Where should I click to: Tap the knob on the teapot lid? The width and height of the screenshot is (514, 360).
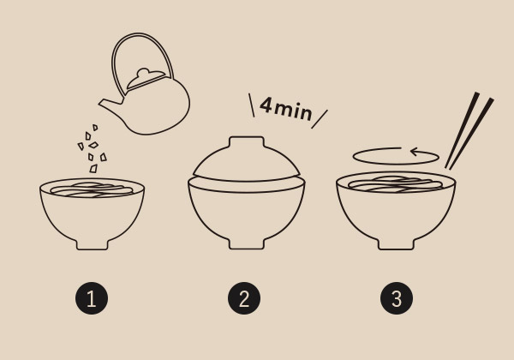click(143, 72)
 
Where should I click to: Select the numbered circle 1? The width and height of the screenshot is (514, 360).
click(92, 298)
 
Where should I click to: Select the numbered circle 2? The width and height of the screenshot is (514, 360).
click(244, 298)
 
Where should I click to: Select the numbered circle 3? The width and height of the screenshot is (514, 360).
click(397, 298)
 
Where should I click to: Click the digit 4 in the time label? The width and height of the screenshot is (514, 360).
click(266, 105)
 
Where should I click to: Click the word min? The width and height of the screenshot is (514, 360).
click(293, 111)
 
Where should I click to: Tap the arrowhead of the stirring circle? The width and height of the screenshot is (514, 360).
click(414, 152)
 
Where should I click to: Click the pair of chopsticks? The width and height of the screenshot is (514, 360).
click(469, 130)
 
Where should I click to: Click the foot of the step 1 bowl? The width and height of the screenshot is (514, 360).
click(93, 244)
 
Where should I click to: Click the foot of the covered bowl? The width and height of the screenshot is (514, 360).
click(247, 244)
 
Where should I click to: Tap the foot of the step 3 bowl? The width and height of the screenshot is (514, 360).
click(397, 244)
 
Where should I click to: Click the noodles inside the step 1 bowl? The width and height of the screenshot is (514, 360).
click(92, 190)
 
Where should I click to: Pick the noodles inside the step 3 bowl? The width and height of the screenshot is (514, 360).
click(396, 184)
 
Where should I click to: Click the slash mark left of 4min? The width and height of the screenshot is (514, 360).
click(251, 105)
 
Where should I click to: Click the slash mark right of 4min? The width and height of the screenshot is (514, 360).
click(320, 119)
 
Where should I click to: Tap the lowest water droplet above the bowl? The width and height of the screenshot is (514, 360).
click(93, 169)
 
